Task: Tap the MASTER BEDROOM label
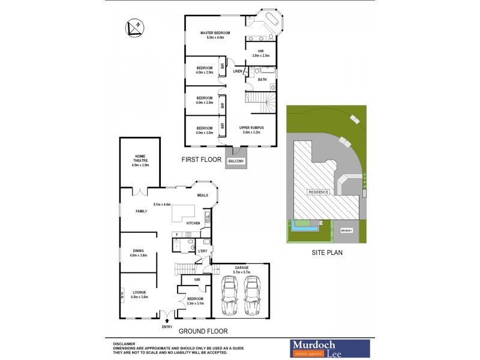click(x=215, y=34)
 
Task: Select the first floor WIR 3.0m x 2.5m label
click(x=260, y=53)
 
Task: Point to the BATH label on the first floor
click(x=262, y=79)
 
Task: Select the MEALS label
click(x=203, y=195)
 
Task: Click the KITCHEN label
click(x=193, y=223)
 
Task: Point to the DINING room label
click(x=138, y=253)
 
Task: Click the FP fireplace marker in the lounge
click(x=123, y=296)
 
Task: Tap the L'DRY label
click(x=203, y=251)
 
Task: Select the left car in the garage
click(x=230, y=295)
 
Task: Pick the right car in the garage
click(x=253, y=295)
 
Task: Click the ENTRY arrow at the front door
click(x=166, y=321)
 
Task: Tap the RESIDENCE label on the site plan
click(x=318, y=192)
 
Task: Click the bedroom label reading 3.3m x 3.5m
click(x=195, y=301)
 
